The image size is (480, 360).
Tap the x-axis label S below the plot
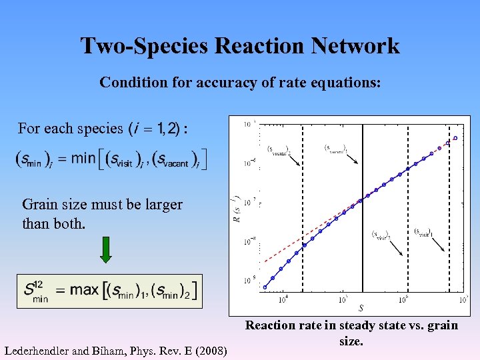(361, 308)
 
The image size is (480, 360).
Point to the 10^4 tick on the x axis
(283, 299)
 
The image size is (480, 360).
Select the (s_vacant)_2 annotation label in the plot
(279, 150)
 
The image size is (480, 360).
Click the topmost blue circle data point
(455, 139)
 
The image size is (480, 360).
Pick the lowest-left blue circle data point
(265, 287)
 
